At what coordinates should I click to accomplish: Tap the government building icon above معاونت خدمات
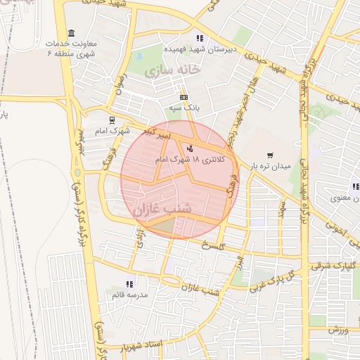[x=70, y=34]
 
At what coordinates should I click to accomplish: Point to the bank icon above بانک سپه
[x=184, y=97]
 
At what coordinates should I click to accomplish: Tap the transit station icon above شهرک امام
[x=111, y=120]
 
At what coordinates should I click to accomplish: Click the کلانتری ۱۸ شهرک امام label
[x=192, y=160]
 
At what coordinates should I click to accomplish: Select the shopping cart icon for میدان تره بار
[x=270, y=155]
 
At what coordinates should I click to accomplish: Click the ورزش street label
[x=337, y=329]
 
